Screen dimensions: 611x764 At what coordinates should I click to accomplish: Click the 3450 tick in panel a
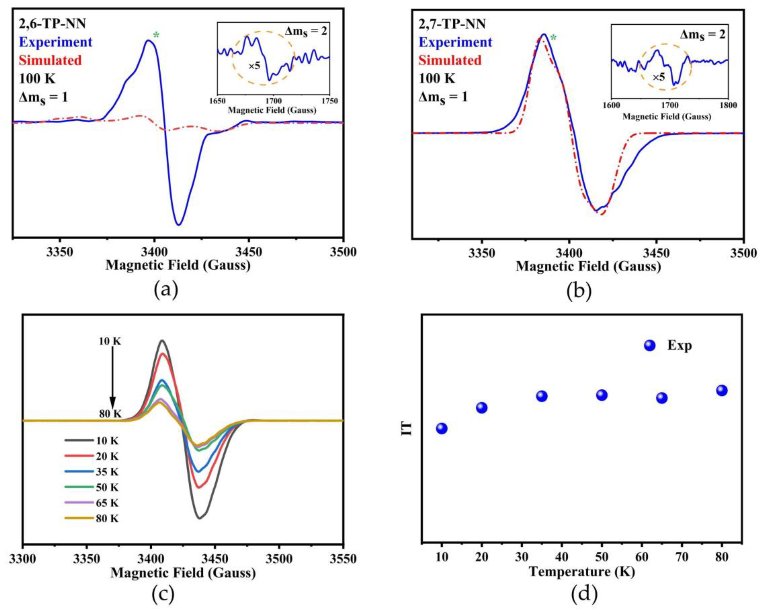[248, 252]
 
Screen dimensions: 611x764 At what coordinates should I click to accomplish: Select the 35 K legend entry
[107, 472]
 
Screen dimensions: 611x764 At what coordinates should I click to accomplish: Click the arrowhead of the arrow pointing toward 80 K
[113, 404]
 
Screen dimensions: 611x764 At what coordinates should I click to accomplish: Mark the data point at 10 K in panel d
[441, 428]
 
